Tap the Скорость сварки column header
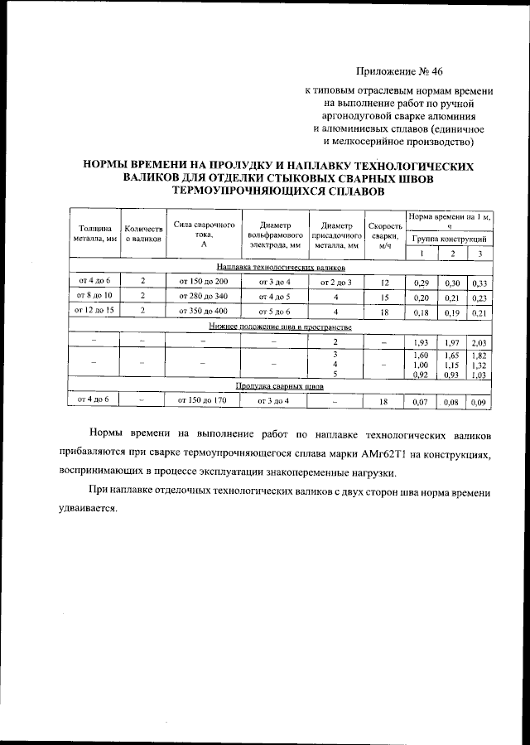click(384, 235)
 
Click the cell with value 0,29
click(421, 283)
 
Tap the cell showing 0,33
click(479, 283)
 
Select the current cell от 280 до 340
click(202, 297)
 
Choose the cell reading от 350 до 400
click(202, 312)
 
